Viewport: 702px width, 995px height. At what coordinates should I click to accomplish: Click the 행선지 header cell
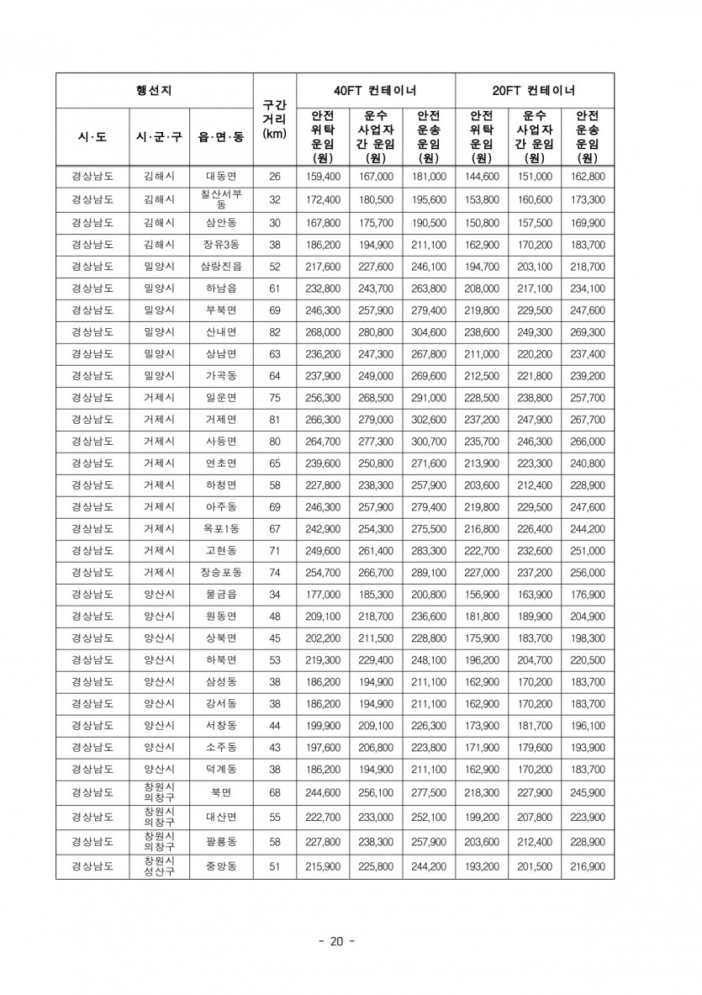click(x=154, y=91)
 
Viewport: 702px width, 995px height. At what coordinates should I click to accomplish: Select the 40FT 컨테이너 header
click(x=375, y=91)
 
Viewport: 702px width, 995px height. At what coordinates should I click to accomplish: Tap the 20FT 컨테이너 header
click(x=534, y=91)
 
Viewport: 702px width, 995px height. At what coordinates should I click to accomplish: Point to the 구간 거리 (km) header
click(x=274, y=119)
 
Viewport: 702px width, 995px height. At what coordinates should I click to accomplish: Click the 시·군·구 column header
click(x=159, y=136)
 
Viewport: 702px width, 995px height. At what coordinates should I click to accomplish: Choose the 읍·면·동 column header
click(x=221, y=136)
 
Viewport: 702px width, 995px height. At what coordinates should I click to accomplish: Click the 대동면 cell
click(x=221, y=177)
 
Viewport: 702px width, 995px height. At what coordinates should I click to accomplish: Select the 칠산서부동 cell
click(x=221, y=199)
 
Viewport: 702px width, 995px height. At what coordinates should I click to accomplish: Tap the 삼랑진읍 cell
click(x=221, y=266)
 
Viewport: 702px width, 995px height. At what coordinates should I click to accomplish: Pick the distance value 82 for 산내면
click(x=274, y=331)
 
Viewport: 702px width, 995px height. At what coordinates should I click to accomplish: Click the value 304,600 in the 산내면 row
click(x=429, y=331)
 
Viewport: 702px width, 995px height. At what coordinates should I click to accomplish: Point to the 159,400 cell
click(x=323, y=177)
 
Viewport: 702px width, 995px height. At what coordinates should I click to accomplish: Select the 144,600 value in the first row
click(x=482, y=177)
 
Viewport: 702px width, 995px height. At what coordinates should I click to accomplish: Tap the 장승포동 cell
click(x=221, y=573)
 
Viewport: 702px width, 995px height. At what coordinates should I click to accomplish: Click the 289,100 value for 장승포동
click(x=429, y=573)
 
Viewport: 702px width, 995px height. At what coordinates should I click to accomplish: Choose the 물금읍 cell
click(x=221, y=595)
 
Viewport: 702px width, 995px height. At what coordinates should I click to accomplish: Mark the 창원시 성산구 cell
click(x=159, y=866)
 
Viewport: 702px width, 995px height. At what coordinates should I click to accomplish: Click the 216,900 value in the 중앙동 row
click(x=588, y=866)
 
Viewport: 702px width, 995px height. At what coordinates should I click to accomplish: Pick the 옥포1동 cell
click(x=221, y=529)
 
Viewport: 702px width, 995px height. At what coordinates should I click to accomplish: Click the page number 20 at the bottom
click(x=336, y=941)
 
